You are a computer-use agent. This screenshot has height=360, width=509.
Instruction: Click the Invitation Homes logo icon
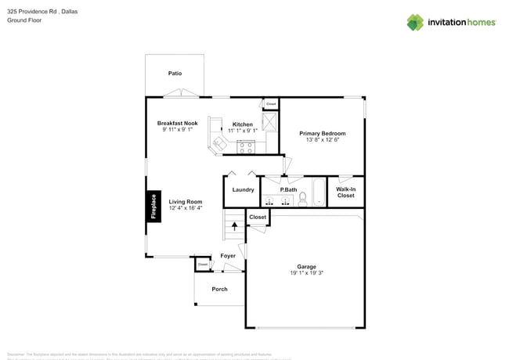pyautogui.click(x=415, y=22)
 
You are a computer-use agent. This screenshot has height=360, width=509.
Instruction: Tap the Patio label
pyautogui.click(x=175, y=74)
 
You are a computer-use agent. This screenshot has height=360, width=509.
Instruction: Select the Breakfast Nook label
pyautogui.click(x=177, y=123)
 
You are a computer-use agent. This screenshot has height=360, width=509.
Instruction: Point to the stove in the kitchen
pyautogui.click(x=246, y=146)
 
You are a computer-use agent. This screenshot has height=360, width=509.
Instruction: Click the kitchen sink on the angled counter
pyautogui.click(x=218, y=143)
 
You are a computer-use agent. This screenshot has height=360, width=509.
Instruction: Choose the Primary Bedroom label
pyautogui.click(x=322, y=134)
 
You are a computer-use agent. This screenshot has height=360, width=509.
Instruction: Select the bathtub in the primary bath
pyautogui.click(x=318, y=193)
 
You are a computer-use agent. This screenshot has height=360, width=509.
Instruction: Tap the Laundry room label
pyautogui.click(x=243, y=190)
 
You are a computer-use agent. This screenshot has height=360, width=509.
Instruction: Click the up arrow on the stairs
pyautogui.click(x=234, y=227)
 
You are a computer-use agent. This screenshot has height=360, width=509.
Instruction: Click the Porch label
pyautogui.click(x=220, y=289)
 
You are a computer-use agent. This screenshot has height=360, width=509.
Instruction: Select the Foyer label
pyautogui.click(x=228, y=256)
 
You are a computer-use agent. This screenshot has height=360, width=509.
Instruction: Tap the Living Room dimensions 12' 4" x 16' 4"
pyautogui.click(x=186, y=208)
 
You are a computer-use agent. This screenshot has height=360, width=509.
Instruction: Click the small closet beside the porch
pyautogui.click(x=203, y=265)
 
